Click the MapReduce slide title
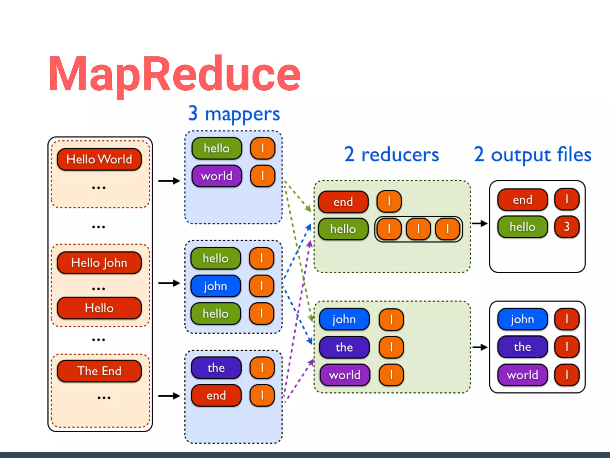[174, 74]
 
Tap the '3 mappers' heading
[234, 114]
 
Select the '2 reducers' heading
[391, 155]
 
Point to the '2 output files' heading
[532, 155]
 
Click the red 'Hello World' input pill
[99, 159]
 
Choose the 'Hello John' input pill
[99, 263]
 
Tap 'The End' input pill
[99, 371]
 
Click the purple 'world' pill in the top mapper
[217, 176]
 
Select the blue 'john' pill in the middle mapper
[216, 286]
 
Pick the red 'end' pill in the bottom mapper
[216, 396]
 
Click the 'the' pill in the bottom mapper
[216, 368]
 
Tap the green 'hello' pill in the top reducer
[343, 229]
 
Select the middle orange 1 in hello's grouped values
[418, 229]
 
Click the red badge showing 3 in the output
[567, 227]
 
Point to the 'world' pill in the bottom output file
[522, 375]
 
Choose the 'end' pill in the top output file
[522, 200]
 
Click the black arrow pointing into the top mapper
[169, 181]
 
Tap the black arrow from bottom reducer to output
[480, 347]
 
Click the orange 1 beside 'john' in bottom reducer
[391, 320]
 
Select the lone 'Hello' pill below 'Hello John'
[99, 308]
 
